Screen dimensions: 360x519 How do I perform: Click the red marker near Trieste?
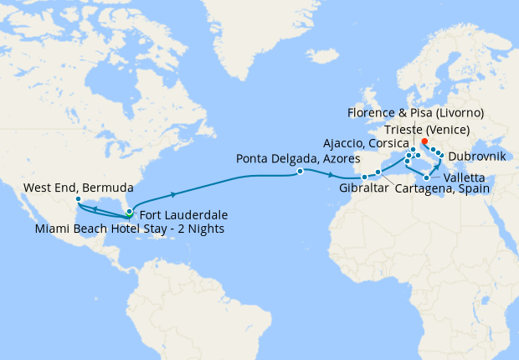click(x=425, y=141)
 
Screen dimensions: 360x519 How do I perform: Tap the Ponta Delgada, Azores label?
click(x=297, y=157)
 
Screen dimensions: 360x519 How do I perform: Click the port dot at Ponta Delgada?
click(x=300, y=172)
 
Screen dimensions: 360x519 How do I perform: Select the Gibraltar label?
click(x=365, y=188)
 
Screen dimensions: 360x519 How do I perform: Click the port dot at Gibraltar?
click(x=364, y=177)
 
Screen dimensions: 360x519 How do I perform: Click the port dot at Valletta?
click(x=427, y=177)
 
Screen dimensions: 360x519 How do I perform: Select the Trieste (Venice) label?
click(x=429, y=129)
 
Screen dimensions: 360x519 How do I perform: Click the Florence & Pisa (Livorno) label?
click(x=414, y=113)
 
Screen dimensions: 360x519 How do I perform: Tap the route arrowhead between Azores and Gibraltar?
click(x=333, y=176)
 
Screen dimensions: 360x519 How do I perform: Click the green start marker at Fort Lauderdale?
click(x=129, y=211)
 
